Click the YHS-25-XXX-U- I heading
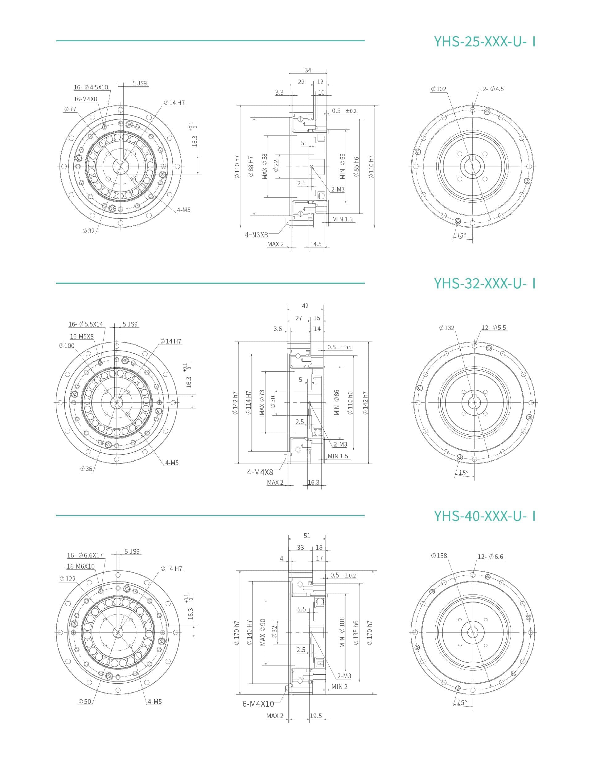pos(484,41)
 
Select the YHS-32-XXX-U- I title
pos(484,283)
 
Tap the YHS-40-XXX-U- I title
pos(484,515)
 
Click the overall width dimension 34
pos(308,70)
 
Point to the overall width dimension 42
pos(305,306)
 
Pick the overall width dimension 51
pos(306,536)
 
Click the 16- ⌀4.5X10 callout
pos(91,87)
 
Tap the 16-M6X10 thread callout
pos(80,566)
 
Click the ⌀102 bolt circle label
pos(438,89)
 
